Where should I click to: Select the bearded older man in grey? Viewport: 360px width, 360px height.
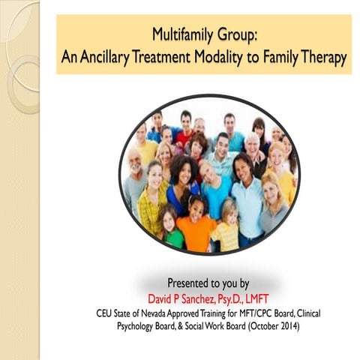pos(136,180)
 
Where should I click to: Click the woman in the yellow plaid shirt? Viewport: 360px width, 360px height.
pos(154,199)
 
